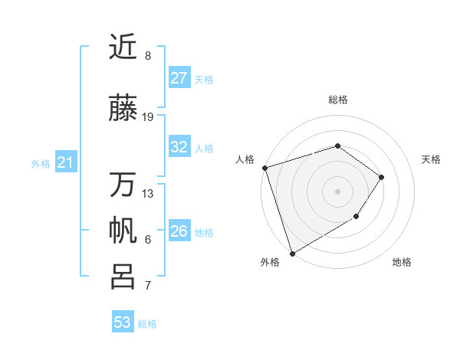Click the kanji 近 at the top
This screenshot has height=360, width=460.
click(123, 47)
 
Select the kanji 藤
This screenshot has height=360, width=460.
click(123, 109)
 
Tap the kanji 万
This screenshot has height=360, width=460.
click(123, 185)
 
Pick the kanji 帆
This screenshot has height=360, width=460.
click(123, 231)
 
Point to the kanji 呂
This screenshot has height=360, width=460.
click(123, 277)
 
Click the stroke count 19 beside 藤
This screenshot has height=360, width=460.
click(148, 117)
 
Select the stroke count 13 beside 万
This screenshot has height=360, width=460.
click(148, 194)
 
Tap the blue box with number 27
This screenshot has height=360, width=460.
click(179, 78)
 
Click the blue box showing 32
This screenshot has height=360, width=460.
click(179, 147)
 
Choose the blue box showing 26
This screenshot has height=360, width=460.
click(179, 231)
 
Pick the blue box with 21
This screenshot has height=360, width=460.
click(65, 162)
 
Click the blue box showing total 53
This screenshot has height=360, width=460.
click(122, 322)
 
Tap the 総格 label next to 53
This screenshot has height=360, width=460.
click(147, 324)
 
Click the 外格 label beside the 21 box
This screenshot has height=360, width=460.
click(41, 163)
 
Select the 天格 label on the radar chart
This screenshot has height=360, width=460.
click(431, 159)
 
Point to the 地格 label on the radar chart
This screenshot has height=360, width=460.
click(402, 262)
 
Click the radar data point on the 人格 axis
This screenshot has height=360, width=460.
click(264, 168)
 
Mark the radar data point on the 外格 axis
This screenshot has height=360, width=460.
click(292, 253)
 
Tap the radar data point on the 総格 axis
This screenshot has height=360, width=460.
click(337, 146)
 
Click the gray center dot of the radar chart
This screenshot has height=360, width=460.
click(337, 191)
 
